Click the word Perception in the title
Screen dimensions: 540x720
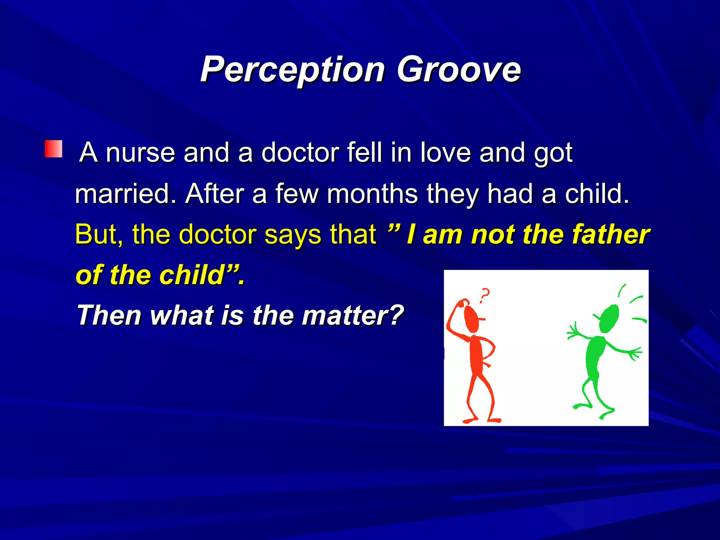(292, 69)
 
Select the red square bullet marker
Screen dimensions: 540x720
(53, 149)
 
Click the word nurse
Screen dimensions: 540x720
(140, 153)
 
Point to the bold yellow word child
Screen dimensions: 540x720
(192, 275)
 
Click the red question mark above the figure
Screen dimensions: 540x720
(485, 295)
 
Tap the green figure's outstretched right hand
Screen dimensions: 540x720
(635, 353)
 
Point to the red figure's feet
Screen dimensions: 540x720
(482, 420)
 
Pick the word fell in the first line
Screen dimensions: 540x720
(365, 153)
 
